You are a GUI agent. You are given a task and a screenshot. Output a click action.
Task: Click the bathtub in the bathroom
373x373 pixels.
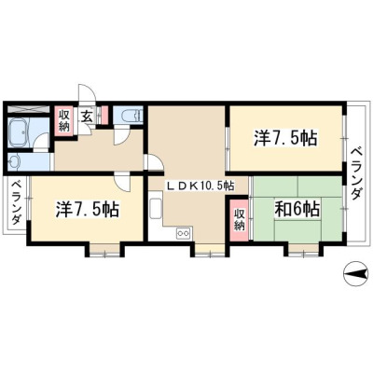[19, 132]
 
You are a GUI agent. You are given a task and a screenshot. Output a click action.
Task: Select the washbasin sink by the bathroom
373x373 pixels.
[14, 162]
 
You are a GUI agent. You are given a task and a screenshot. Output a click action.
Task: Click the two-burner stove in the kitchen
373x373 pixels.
[184, 233]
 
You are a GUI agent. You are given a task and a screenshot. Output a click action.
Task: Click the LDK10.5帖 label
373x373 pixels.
[201, 186]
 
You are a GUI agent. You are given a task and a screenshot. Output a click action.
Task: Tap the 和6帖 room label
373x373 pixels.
[297, 209]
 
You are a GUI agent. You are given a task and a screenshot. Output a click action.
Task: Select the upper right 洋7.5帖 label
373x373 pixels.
[285, 138]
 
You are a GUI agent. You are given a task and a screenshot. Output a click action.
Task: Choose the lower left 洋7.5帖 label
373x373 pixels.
[88, 209]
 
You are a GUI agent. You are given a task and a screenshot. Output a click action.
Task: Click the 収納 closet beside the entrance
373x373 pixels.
[64, 120]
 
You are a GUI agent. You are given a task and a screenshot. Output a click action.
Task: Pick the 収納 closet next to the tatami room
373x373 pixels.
[239, 220]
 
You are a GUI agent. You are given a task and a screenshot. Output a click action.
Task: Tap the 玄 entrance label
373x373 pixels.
[87, 117]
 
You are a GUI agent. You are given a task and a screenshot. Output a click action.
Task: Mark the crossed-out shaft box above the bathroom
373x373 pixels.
[28, 109]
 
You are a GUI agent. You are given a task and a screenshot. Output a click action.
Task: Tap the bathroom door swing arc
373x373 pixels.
[41, 141]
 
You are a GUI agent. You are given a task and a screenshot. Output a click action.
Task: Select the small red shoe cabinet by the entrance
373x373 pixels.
[105, 115]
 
